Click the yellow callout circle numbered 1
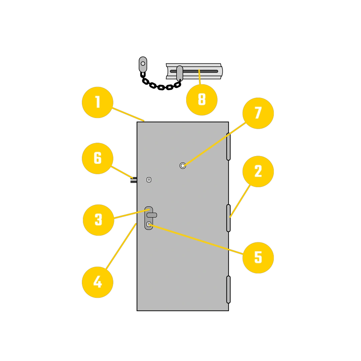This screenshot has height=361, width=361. click(98, 103)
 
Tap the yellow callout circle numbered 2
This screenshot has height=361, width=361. click(258, 171)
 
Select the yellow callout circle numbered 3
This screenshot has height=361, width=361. click(99, 220)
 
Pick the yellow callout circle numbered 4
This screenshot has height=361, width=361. click(98, 282)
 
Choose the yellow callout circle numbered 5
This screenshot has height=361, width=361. click(258, 258)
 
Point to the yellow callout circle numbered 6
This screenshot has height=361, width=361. click(98, 158)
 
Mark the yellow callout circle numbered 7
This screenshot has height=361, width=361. click(258, 113)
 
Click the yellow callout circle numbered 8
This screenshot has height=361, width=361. click(202, 100)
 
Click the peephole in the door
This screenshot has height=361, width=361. click(183, 165)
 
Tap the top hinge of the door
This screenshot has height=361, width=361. click(228, 147)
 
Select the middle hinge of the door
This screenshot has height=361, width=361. click(228, 218)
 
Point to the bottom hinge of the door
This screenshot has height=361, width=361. click(228, 289)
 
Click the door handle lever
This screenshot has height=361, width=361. click(152, 215)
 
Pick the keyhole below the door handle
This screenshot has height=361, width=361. click(149, 224)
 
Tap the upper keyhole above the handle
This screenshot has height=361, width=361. click(149, 180)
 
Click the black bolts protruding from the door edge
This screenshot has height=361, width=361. click(134, 180)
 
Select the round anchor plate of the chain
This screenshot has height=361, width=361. click(143, 64)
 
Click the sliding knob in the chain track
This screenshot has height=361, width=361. click(179, 74)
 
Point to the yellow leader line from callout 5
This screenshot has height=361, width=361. click(196, 239)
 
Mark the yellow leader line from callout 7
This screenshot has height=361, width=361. click(215, 144)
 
